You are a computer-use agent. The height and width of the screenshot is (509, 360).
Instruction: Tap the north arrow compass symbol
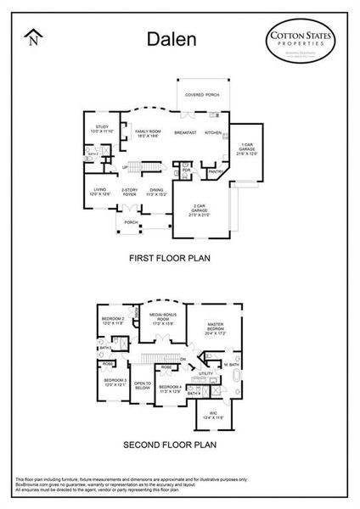(x=33, y=36)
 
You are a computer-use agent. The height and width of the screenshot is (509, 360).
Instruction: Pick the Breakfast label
(x=185, y=132)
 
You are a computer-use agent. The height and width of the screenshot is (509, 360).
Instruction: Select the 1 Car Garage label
(x=245, y=148)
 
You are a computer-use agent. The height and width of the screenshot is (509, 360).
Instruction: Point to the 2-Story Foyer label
(x=130, y=192)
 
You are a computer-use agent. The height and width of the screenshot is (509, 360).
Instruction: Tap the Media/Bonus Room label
(x=163, y=319)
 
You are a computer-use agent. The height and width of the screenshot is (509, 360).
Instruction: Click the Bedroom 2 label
(x=113, y=321)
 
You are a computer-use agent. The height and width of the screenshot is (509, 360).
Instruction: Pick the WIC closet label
(x=210, y=415)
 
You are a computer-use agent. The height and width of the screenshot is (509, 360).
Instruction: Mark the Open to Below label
(x=143, y=385)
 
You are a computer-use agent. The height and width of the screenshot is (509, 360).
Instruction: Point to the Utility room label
(x=205, y=372)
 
